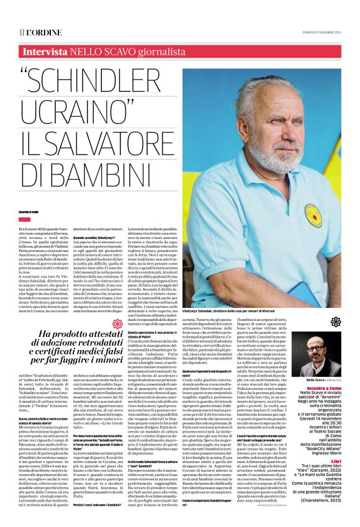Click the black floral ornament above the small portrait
point(336,322)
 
